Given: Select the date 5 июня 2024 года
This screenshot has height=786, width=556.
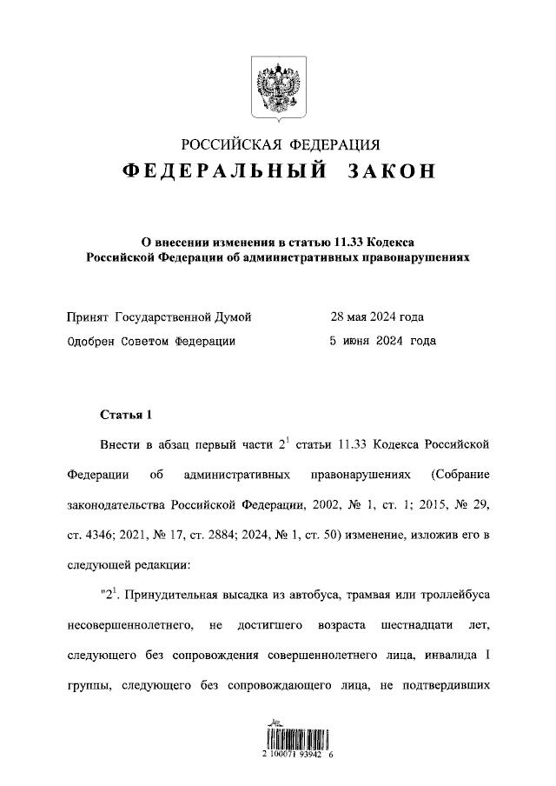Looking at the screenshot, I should pos(382,342).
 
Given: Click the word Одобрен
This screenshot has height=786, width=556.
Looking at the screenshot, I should pos(91,342).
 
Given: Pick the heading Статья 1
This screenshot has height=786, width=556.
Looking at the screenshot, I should pos(126,415).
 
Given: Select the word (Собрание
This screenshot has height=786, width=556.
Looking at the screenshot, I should pos(460,476).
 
